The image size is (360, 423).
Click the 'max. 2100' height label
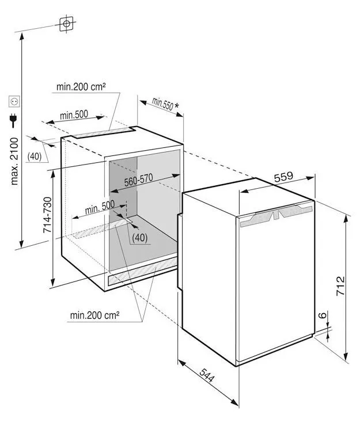pos(14,161)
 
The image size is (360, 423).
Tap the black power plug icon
pos(13,120)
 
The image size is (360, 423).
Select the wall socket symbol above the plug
pos(14,101)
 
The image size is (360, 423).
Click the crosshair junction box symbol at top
pos(66,24)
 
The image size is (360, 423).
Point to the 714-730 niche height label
pos(47,215)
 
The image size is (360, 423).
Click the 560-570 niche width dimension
pos(139,180)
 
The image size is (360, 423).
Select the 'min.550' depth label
pos(162,104)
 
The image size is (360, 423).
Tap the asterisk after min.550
pos(176,105)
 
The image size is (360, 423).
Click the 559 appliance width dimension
pos(283,177)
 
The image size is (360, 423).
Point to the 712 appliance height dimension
pos(340,285)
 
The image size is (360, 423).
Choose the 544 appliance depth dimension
pos(207,375)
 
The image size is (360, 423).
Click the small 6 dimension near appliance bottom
pos(323,315)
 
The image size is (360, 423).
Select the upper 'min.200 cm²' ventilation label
pos(81,86)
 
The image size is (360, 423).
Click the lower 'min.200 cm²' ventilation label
pos(94,315)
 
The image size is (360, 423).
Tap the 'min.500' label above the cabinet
pos(74,115)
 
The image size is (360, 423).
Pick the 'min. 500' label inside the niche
pos(100,207)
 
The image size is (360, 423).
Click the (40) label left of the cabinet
pos(35,156)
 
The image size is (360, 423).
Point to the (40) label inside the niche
pos(140,238)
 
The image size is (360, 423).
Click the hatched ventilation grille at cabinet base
pos(142,271)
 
